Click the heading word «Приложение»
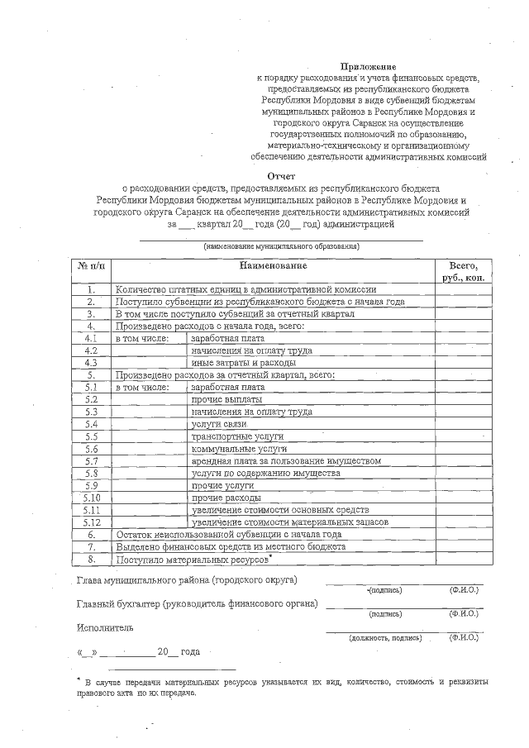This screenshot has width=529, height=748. [x=369, y=65]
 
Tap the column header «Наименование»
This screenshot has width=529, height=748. [x=273, y=265]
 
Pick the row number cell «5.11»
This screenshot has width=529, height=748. [x=92, y=510]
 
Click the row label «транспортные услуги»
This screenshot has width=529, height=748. [x=237, y=435]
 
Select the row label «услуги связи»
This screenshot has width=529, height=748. [x=219, y=423]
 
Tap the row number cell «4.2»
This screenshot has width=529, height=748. [x=92, y=350]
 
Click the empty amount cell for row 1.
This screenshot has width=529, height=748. [x=464, y=290]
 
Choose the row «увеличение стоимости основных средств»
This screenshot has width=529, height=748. [x=279, y=510]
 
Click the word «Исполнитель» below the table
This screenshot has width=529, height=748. [x=104, y=627]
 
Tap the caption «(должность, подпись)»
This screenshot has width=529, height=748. [x=379, y=638]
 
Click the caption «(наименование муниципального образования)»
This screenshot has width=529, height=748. [x=281, y=247]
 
